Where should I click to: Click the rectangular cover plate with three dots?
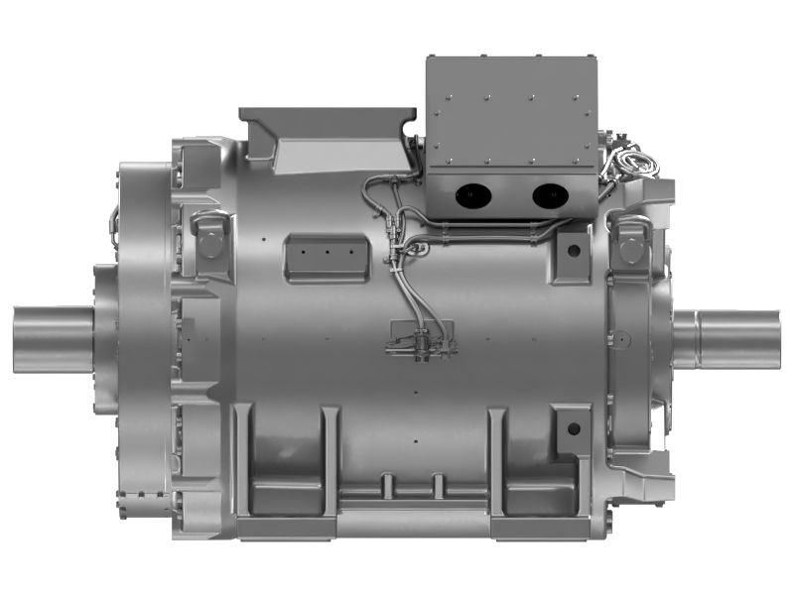pos(326,256)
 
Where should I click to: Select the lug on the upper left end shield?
pos(209,238)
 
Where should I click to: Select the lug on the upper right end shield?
pos(629,238)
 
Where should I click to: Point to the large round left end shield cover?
pos(139,337)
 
